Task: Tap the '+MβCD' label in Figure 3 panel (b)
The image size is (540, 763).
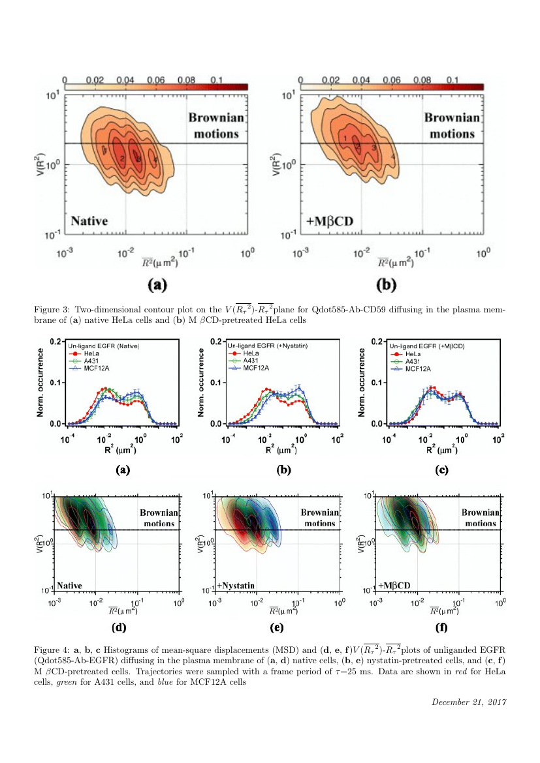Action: pos(330,221)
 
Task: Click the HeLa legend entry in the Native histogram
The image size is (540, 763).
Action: pos(83,353)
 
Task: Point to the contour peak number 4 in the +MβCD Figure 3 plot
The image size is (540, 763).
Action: pos(392,157)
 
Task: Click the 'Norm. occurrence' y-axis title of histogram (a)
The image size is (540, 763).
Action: pos(41,382)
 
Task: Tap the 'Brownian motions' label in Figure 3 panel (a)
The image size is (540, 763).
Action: pos(214,126)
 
